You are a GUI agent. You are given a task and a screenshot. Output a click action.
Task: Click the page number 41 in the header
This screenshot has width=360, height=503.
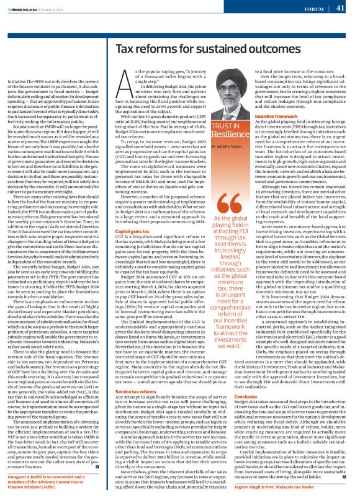coord(340,8)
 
